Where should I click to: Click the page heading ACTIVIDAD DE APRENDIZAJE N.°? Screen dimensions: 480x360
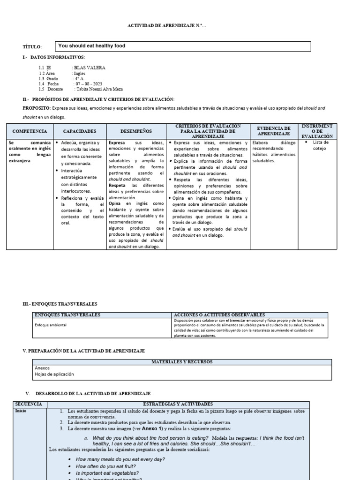(x=166, y=26)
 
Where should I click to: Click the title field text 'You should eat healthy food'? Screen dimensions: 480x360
(x=92, y=46)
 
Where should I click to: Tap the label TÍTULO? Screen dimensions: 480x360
(x=32, y=47)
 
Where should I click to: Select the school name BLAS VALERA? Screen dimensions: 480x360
(x=90, y=68)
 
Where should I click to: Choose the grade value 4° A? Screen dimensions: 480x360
(x=78, y=78)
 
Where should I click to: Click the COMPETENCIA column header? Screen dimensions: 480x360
(x=30, y=132)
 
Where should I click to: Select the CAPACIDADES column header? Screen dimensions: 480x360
(x=80, y=132)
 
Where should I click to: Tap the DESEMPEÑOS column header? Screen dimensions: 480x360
(x=136, y=132)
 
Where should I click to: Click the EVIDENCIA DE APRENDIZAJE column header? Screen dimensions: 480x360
(x=274, y=131)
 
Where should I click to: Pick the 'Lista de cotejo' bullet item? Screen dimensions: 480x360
(x=321, y=145)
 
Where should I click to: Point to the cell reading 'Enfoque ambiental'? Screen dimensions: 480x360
(x=51, y=324)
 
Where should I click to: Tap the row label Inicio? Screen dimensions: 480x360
(x=21, y=410)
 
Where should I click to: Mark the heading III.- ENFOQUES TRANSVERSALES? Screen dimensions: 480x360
(x=60, y=304)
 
